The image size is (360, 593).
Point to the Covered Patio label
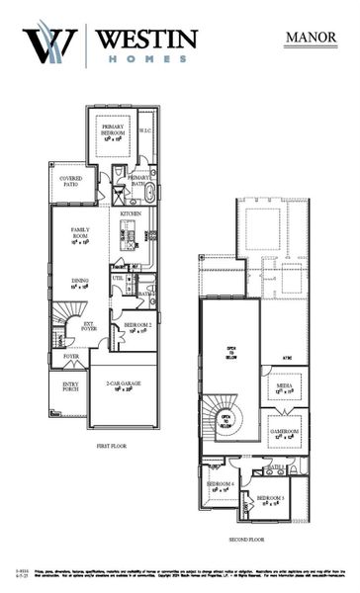point(64,181)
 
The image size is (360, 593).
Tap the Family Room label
point(80,234)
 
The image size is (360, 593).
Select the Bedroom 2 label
point(137,327)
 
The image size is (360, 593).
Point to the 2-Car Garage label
point(123,385)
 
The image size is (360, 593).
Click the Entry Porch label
point(69,386)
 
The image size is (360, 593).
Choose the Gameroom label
point(285,432)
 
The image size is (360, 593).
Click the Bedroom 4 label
point(220,485)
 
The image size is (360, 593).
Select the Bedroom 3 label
point(270,499)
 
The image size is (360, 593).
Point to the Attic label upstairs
point(285,356)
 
